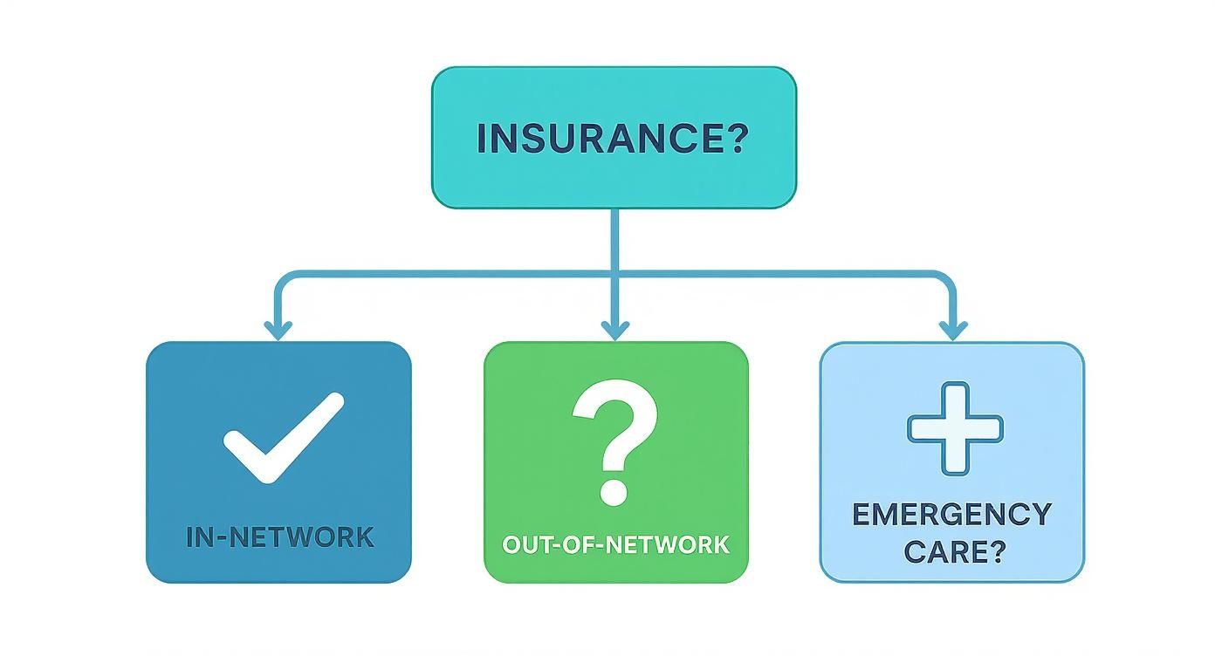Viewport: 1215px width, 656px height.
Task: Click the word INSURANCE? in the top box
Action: (613, 140)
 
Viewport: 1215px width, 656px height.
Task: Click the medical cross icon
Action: (955, 428)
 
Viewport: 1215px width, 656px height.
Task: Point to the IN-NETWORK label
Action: (280, 536)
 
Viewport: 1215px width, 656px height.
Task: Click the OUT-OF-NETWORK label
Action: (615, 544)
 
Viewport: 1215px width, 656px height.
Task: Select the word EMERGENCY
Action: (951, 514)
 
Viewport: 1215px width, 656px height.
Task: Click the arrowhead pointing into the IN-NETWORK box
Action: (278, 330)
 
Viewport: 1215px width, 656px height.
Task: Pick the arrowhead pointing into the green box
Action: (615, 330)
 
